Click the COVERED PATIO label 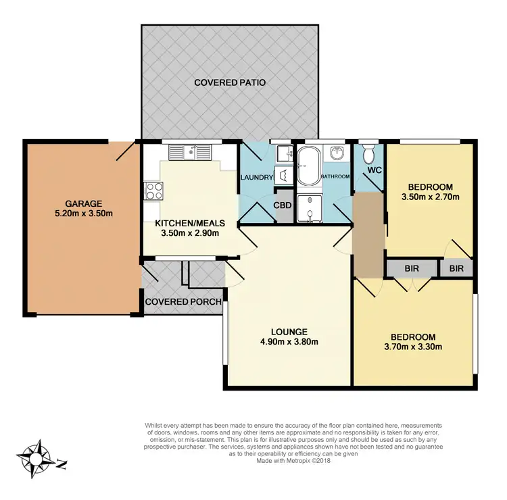(230, 82)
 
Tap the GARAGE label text (83, 203)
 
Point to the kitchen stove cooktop (151, 191)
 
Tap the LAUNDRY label (256, 178)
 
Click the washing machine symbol (283, 175)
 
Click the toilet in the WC (369, 153)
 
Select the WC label (376, 170)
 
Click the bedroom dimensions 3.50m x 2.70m (430, 198)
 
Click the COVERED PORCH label (183, 301)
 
